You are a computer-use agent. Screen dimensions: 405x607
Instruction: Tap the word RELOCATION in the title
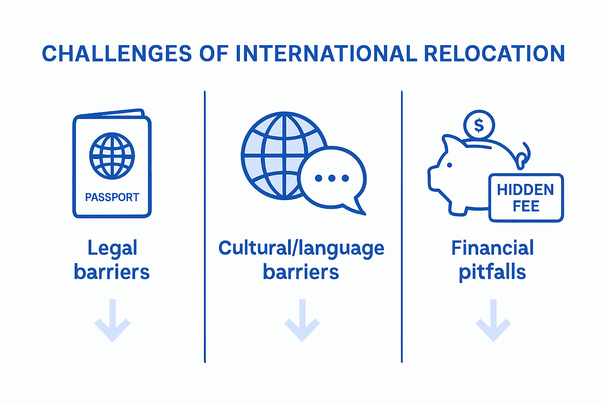click(494, 54)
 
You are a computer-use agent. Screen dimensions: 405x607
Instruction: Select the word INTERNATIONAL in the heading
click(326, 54)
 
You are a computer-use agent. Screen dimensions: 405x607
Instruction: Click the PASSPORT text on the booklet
click(112, 197)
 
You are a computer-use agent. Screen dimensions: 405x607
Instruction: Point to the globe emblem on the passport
click(112, 156)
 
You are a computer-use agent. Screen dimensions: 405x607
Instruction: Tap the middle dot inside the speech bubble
click(332, 178)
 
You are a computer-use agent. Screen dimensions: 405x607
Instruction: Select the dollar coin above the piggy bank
click(479, 125)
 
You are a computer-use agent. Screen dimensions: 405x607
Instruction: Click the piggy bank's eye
click(449, 165)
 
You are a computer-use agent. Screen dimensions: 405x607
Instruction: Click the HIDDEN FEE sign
click(526, 198)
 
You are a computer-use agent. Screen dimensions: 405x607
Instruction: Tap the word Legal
click(112, 248)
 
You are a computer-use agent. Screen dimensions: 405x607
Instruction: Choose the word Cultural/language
click(301, 248)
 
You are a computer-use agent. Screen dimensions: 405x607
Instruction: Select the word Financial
click(492, 248)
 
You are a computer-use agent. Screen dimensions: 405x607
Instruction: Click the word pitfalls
click(492, 272)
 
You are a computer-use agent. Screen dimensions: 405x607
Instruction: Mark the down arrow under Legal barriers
click(112, 321)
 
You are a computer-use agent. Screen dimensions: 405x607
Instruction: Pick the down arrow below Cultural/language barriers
click(302, 321)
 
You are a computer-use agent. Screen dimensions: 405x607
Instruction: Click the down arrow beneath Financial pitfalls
click(493, 321)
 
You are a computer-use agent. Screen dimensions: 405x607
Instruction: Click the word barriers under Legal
click(112, 272)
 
